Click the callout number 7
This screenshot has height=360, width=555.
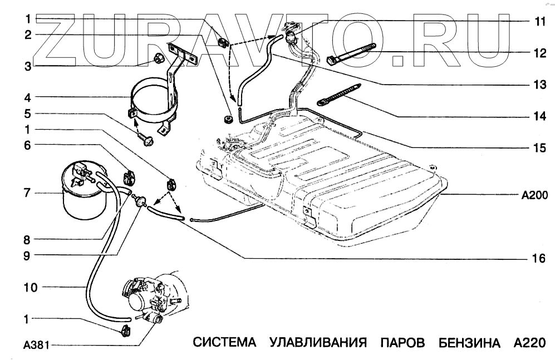[x=26, y=194]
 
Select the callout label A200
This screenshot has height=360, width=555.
[x=534, y=195]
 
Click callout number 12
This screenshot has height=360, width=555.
[x=539, y=54]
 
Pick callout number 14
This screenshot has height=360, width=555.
[x=539, y=117]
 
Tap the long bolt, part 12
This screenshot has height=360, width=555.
[x=352, y=54]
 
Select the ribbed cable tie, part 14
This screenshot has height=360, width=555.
[x=339, y=94]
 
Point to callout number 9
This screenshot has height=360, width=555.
[x=26, y=256]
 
